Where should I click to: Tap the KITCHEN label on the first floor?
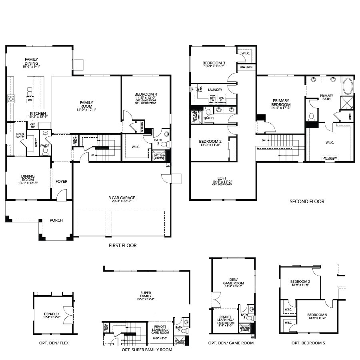(38, 113)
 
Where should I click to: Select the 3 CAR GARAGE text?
(122, 198)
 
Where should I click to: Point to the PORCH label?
(56, 220)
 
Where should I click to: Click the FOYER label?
(61, 182)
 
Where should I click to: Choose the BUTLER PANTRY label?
(20, 136)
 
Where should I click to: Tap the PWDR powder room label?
(45, 146)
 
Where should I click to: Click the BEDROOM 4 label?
(146, 94)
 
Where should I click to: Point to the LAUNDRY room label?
(215, 90)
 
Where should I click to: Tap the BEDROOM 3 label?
(214, 63)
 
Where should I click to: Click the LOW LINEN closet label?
(246, 68)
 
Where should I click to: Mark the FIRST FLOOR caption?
(123, 245)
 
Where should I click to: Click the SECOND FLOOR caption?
(307, 202)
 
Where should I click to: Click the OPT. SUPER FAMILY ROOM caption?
(147, 350)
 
